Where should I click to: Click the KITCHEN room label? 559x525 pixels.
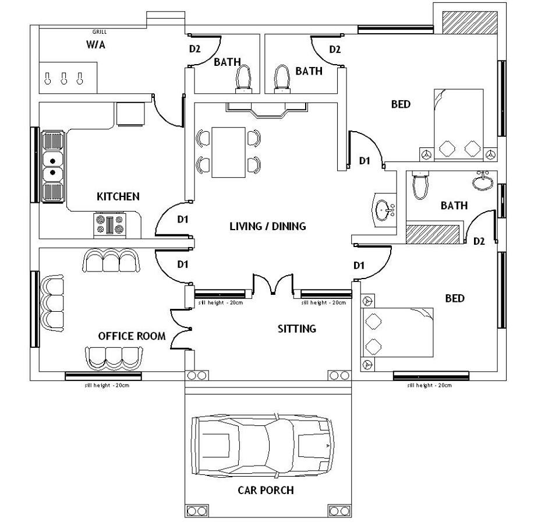[x=118, y=196]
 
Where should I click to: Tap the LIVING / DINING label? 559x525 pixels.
[x=267, y=226]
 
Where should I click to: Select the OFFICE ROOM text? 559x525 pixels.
[x=132, y=336]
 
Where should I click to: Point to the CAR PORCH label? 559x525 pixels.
[x=266, y=490]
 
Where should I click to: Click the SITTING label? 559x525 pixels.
[x=296, y=329]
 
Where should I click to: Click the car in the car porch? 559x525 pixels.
[x=263, y=446]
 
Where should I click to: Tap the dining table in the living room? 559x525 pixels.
[x=228, y=152]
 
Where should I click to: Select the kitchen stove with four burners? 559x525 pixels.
[x=109, y=225]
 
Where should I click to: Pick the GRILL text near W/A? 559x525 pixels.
[x=99, y=32]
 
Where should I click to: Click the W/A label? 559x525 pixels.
[x=95, y=45]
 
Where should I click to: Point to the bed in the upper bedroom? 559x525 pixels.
[x=459, y=124]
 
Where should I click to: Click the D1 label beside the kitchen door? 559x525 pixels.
[x=183, y=220]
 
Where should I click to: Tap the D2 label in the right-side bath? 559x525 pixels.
[x=479, y=241]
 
